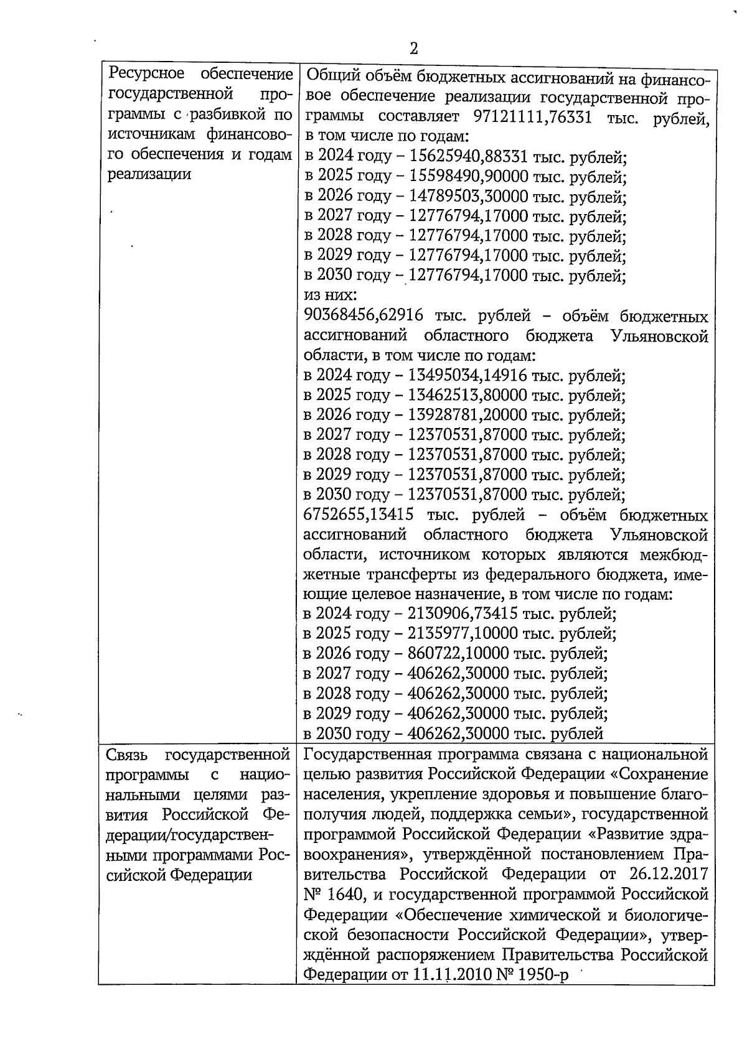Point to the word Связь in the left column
(128, 755)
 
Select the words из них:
(326, 296)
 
